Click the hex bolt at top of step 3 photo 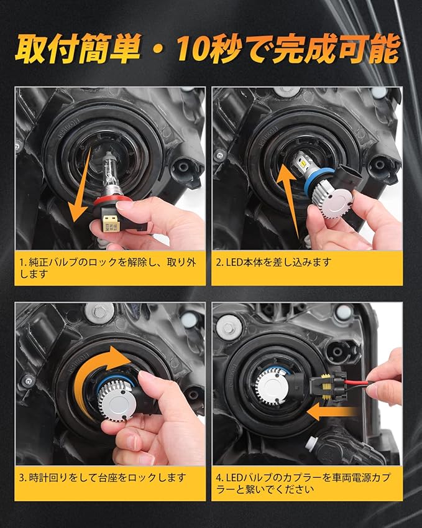click(x=99, y=312)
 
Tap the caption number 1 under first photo click(x=22, y=262)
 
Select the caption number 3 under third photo click(x=22, y=478)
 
